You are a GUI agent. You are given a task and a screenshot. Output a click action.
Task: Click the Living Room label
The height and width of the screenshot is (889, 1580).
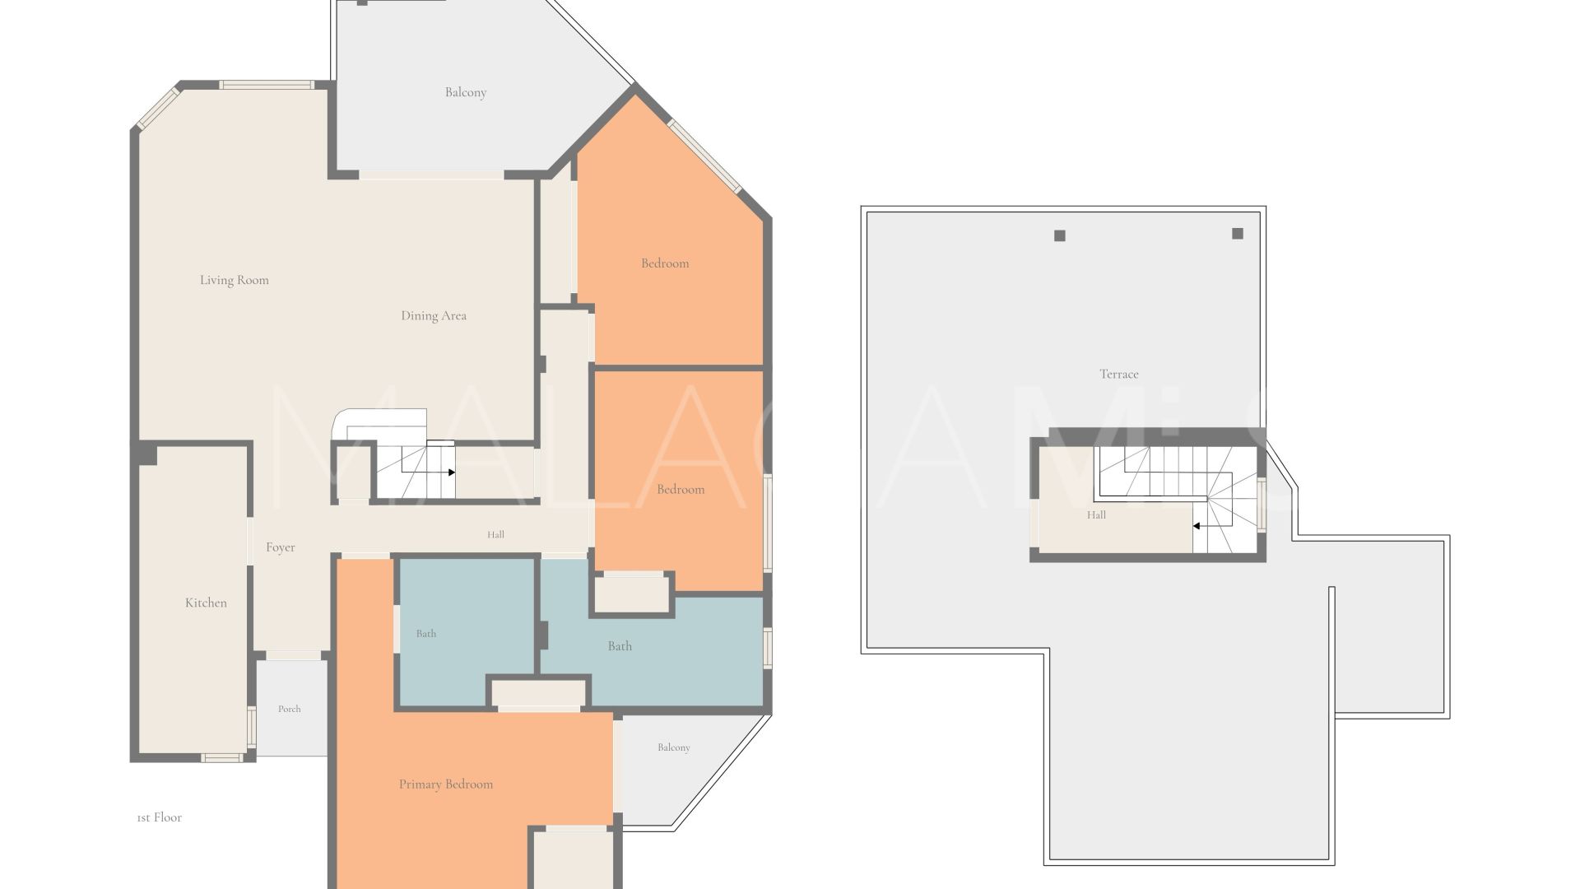(235, 280)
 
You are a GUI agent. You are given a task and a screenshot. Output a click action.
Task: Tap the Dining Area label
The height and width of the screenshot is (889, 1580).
(434, 315)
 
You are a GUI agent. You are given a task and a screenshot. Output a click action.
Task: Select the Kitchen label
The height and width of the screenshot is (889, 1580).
(206, 603)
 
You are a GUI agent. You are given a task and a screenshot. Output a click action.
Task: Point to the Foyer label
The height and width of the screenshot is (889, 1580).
(281, 547)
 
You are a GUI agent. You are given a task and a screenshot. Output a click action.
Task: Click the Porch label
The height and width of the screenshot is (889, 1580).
(290, 709)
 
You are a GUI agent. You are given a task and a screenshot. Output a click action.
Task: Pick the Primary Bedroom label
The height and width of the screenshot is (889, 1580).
(446, 784)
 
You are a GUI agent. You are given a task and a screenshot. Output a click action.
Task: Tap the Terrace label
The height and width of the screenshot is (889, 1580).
(1119, 374)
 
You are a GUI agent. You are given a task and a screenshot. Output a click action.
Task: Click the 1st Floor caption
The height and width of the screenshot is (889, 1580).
(159, 817)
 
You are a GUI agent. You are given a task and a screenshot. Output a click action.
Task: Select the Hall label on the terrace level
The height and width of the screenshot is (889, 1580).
(1096, 515)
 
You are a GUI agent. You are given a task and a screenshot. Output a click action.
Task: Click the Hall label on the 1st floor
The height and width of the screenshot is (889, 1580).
(495, 534)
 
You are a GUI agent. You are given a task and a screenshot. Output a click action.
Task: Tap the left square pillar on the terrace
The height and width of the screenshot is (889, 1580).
(1060, 236)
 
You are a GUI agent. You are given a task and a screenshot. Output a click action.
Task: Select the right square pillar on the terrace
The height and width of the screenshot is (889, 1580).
(1238, 234)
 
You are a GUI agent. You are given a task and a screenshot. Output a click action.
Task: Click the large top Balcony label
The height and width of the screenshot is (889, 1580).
(466, 92)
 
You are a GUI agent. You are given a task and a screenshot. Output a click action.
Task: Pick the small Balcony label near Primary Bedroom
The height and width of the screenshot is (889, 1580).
(674, 747)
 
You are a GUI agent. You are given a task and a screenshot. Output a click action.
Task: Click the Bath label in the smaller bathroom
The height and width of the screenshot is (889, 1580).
(426, 633)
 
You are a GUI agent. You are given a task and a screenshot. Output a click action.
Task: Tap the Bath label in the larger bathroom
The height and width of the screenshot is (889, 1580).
(620, 646)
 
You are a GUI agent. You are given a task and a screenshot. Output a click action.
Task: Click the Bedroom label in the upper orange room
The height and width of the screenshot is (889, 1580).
(665, 263)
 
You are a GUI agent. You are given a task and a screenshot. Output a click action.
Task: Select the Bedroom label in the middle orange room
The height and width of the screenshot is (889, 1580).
(681, 489)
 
